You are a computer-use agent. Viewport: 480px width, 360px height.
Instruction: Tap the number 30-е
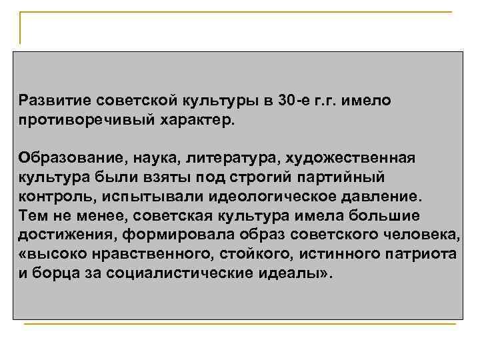(x=295, y=100)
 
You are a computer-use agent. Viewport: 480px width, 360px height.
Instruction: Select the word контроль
(x=54, y=197)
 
